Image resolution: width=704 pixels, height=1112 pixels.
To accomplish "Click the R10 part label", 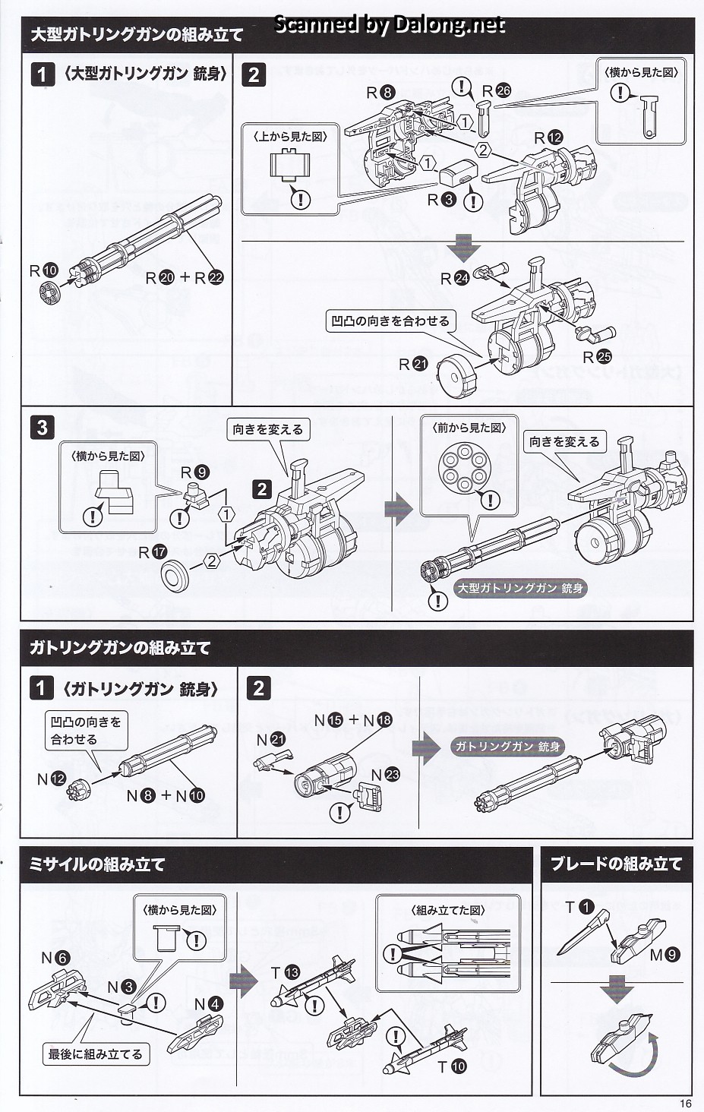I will point(44,270).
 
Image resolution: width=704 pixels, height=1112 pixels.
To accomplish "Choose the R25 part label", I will point(597,357).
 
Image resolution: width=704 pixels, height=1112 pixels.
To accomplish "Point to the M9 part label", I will point(665,956).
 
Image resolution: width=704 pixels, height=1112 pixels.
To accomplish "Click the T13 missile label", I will point(286,973).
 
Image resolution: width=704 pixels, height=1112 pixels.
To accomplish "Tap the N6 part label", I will point(55,959).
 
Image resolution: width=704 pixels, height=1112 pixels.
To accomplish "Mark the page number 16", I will point(687,1104).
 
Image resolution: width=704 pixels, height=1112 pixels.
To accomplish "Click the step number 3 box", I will point(42,428).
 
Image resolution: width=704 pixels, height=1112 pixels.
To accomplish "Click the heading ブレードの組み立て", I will point(616,864).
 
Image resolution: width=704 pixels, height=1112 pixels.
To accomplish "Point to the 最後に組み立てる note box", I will point(95,1054).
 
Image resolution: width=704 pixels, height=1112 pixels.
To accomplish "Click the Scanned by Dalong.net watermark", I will point(389,24).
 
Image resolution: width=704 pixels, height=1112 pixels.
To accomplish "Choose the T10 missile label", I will point(450,1066).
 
